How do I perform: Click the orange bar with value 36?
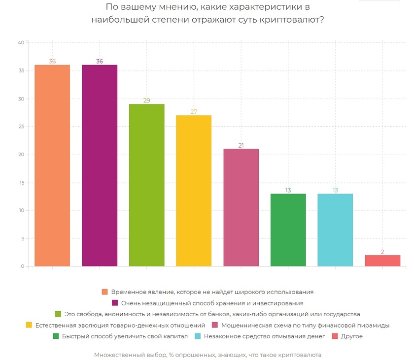[52, 165]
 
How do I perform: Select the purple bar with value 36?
[100, 165]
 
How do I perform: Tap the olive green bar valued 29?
[146, 185]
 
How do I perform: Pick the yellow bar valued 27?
[194, 191]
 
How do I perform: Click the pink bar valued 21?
[241, 207]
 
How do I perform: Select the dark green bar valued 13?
[288, 230]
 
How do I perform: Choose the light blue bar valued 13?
[335, 230]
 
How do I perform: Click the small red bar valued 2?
[382, 261]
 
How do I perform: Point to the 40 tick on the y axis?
[21, 43]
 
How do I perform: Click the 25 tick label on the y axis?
[21, 127]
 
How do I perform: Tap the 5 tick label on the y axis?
[23, 239]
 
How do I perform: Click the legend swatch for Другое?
[335, 336]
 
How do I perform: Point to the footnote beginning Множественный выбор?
[207, 355]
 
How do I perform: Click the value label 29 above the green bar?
[146, 100]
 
